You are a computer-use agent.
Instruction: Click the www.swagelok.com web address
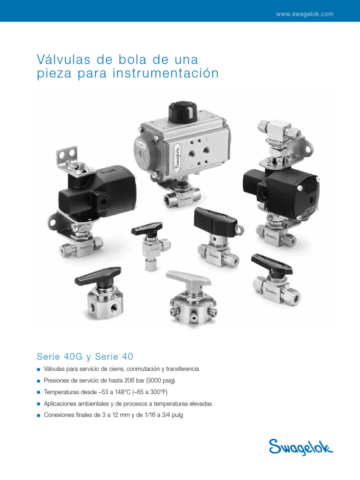click(305, 14)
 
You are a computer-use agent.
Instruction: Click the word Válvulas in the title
click(60, 60)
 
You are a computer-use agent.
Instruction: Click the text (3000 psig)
click(160, 381)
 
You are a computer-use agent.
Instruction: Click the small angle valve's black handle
click(147, 228)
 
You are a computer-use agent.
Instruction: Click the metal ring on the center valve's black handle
click(240, 230)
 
